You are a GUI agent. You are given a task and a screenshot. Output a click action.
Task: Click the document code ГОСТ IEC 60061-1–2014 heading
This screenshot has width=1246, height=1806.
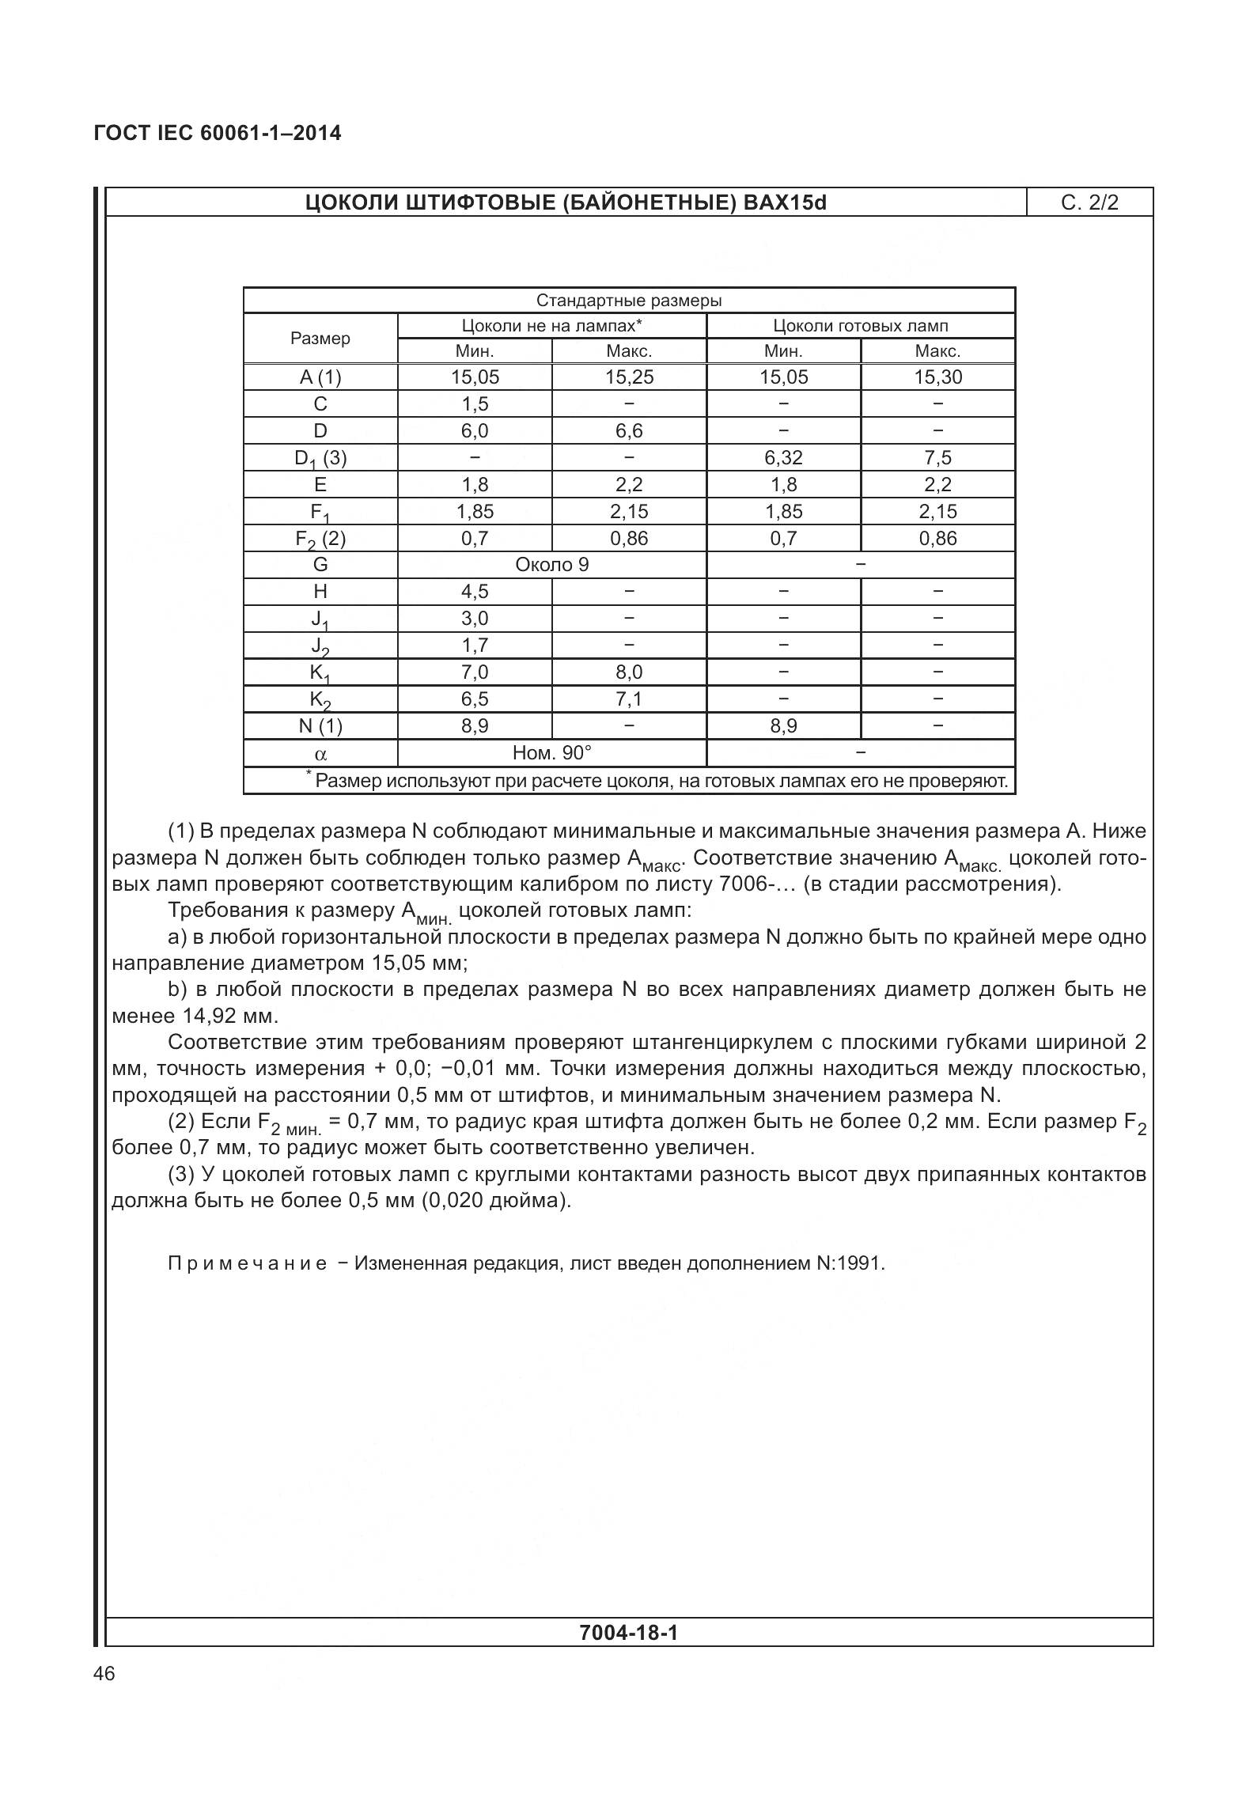pyautogui.click(x=218, y=133)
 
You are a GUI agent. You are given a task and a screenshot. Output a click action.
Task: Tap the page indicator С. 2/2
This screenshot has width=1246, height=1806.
pyautogui.click(x=1089, y=203)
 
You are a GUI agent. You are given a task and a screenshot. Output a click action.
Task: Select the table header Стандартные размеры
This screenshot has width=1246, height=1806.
pyautogui.click(x=629, y=301)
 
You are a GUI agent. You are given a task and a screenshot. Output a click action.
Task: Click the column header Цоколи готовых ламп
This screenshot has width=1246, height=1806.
pyautogui.click(x=860, y=326)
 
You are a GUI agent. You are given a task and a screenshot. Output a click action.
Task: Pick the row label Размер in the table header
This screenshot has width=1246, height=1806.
pyautogui.click(x=320, y=339)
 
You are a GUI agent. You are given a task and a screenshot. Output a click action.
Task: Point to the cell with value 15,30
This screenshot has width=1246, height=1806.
pyautogui.click(x=937, y=377)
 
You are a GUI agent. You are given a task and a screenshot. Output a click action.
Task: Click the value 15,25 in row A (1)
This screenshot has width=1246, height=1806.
pyautogui.click(x=629, y=377)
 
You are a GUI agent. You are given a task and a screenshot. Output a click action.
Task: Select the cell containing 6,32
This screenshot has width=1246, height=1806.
pyautogui.click(x=783, y=458)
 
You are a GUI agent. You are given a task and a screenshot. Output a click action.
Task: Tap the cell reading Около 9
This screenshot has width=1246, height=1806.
pyautogui.click(x=551, y=565)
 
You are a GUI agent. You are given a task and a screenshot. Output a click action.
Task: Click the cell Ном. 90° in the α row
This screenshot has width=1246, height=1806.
pyautogui.click(x=551, y=753)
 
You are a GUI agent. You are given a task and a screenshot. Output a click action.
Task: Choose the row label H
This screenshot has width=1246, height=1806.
pyautogui.click(x=320, y=592)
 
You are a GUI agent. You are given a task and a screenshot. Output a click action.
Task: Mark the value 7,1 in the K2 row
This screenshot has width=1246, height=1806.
pyautogui.click(x=629, y=699)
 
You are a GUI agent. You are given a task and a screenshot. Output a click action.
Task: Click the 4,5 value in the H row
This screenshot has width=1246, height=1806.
pyautogui.click(x=475, y=592)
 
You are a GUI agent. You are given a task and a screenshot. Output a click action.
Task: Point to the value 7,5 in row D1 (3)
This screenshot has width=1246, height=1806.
pyautogui.click(x=937, y=458)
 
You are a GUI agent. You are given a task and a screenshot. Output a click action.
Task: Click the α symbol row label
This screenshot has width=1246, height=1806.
pyautogui.click(x=320, y=754)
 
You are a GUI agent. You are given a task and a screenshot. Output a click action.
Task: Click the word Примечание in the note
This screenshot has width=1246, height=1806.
pyautogui.click(x=247, y=1263)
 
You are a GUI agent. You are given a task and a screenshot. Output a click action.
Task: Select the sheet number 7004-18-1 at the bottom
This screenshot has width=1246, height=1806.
pyautogui.click(x=629, y=1633)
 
